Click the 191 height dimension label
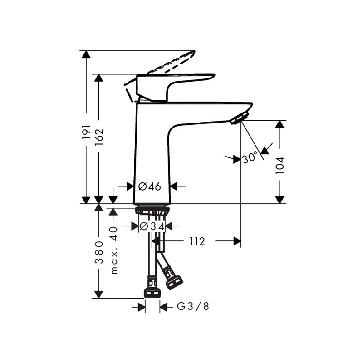point(86,132)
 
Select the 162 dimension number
point(99,137)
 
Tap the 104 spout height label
point(280,165)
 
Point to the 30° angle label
point(250,158)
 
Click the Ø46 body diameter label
point(150,186)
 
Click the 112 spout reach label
point(197,241)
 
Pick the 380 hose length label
point(99,252)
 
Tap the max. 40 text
point(114,250)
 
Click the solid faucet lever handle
point(176,88)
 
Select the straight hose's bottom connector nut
point(152,293)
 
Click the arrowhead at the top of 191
point(86,54)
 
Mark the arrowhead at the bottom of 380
point(99,294)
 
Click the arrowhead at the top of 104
point(280,124)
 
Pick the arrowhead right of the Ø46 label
point(174,186)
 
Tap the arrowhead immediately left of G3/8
point(163,307)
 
